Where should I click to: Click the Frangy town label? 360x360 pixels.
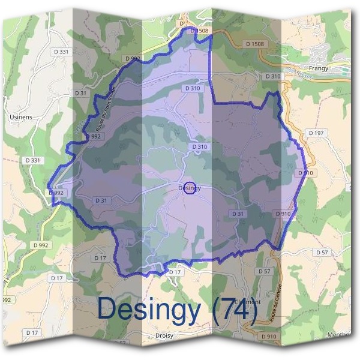point(318,68)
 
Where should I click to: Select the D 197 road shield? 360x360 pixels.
point(315,132)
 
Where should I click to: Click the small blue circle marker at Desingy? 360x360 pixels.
point(190,188)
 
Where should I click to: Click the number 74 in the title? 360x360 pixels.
point(236,309)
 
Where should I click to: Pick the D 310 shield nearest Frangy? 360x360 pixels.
point(272,77)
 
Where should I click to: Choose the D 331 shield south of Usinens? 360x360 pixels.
point(33,161)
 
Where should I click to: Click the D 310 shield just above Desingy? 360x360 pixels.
point(200,147)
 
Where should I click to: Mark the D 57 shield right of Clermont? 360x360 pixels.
point(321,253)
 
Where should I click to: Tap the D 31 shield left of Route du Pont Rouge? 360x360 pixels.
point(80,93)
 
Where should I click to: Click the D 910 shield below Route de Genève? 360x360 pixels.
point(269,337)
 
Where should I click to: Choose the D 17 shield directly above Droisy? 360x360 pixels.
point(174,272)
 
